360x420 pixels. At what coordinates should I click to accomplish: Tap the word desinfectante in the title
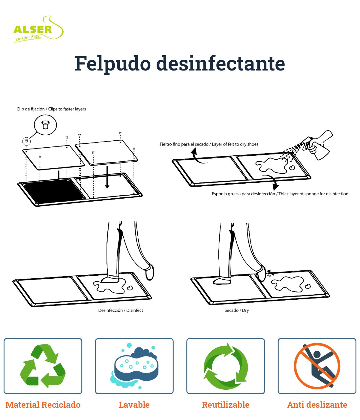click(x=220, y=63)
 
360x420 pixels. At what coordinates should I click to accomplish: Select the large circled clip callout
click(x=45, y=125)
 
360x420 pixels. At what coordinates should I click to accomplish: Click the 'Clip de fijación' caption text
click(x=51, y=109)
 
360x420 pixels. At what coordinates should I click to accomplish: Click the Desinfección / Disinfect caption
click(x=121, y=310)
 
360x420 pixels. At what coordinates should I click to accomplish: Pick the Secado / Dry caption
click(x=237, y=310)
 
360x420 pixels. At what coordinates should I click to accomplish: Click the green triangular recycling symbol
click(x=43, y=366)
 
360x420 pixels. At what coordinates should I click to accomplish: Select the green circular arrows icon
click(x=226, y=366)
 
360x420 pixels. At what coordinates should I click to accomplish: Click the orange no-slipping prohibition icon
click(x=317, y=366)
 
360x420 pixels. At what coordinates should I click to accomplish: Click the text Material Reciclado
click(x=43, y=405)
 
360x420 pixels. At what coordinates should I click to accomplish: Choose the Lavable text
click(x=134, y=405)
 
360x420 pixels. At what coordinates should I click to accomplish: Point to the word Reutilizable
click(x=226, y=405)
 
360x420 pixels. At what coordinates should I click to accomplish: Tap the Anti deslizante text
click(x=317, y=405)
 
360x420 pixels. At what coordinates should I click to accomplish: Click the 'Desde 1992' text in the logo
click(x=28, y=38)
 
